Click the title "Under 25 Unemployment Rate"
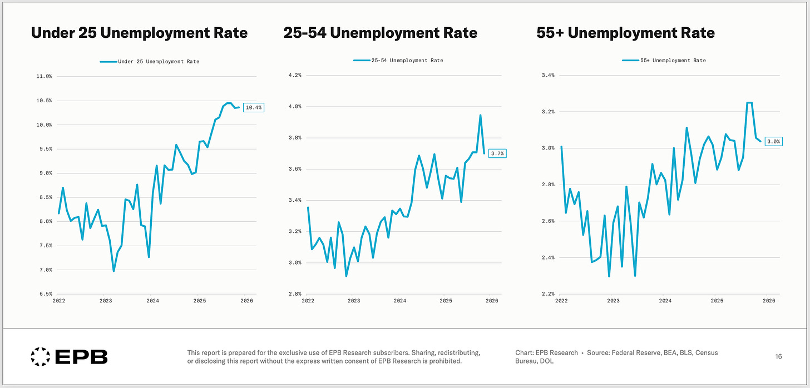[139, 33]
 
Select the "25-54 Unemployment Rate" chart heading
[381, 33]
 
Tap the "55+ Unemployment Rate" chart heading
[626, 33]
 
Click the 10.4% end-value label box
[253, 107]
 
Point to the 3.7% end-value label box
[497, 153]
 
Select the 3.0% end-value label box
[773, 142]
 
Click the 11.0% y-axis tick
[44, 76]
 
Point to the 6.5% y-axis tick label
[44, 294]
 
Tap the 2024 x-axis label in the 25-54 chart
[399, 301]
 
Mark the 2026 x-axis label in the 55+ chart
[768, 301]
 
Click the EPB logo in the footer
[69, 356]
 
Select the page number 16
[778, 356]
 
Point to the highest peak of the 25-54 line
[480, 115]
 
